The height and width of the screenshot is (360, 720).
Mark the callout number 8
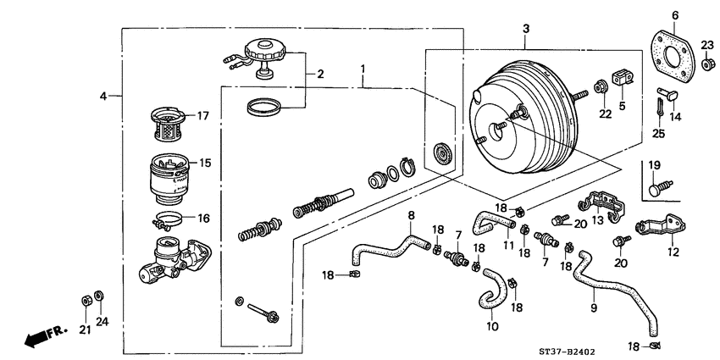[x=411, y=216]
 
